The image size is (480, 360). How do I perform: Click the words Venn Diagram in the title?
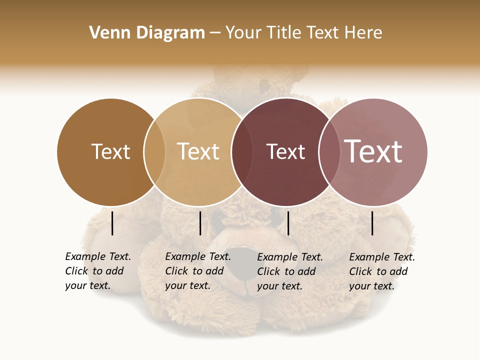147,33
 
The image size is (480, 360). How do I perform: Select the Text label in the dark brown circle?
110,151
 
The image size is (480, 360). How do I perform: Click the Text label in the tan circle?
198,151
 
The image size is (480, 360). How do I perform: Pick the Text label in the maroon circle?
285,152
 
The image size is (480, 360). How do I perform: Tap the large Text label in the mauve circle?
373,151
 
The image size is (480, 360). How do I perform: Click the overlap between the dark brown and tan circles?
154,152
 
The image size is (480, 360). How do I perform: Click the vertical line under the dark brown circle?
112,223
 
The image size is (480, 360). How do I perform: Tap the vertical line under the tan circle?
200,223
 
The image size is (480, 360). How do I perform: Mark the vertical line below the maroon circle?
288,223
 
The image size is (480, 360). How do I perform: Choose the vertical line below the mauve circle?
372,223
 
